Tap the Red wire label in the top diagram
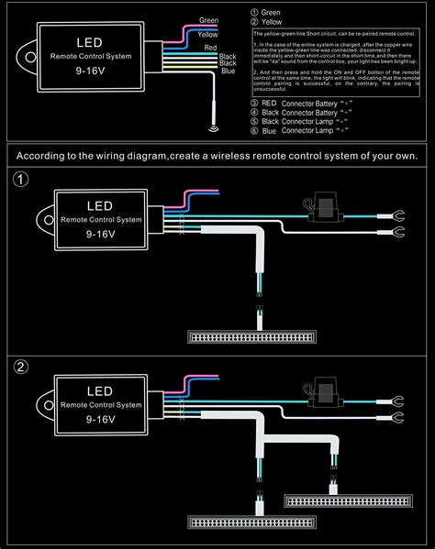point(210,46)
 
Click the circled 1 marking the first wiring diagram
point(21,180)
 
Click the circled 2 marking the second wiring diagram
point(21,369)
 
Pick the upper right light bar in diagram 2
point(340,500)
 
